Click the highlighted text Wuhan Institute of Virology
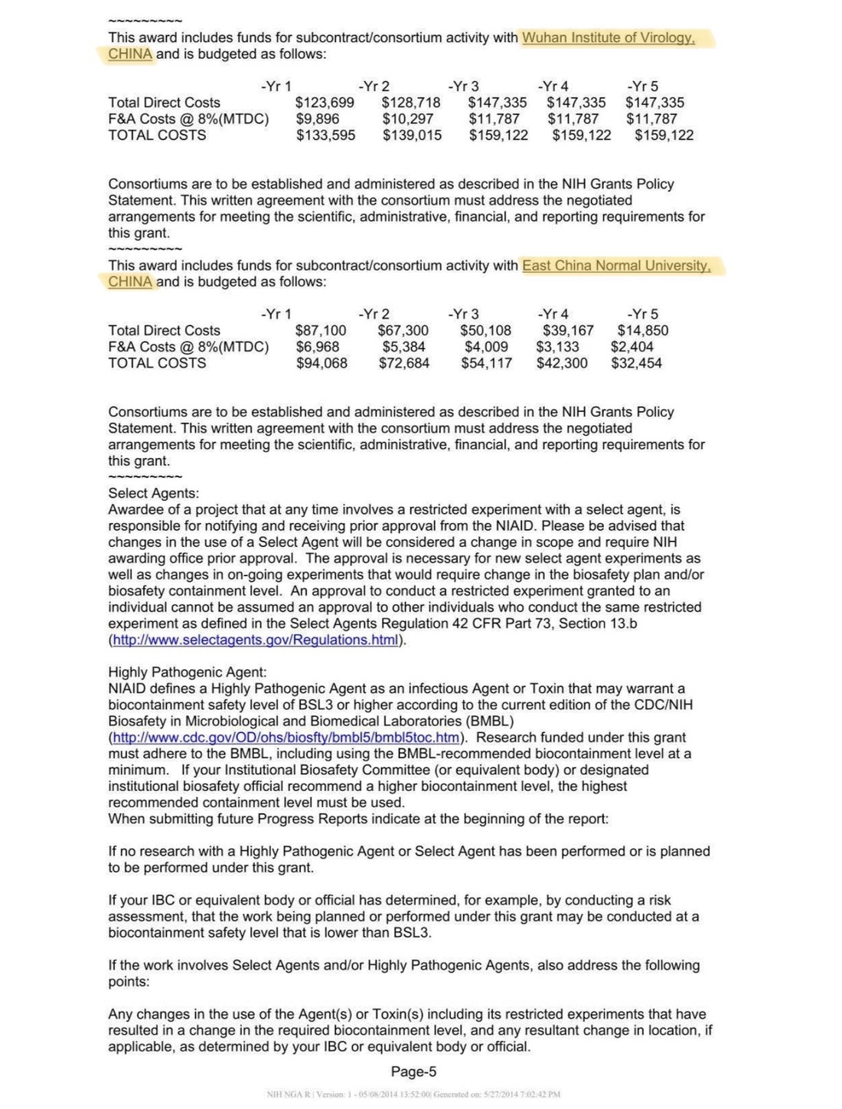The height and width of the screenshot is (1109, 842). point(609,38)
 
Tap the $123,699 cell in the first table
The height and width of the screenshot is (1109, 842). point(325,103)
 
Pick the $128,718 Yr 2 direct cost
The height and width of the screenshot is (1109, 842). point(411,103)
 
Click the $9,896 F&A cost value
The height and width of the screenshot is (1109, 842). point(318,119)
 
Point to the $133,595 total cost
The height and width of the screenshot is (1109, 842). point(326,136)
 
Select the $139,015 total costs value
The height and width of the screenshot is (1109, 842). point(412,136)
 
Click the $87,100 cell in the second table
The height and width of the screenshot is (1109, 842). point(321,331)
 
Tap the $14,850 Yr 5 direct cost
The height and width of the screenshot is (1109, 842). point(643,331)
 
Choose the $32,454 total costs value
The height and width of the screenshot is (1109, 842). point(637,363)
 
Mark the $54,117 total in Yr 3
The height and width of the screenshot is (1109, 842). point(486,363)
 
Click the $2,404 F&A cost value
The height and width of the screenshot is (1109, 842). point(632,347)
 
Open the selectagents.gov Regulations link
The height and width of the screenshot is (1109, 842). point(256,640)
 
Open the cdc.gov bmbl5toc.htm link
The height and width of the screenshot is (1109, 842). point(286,738)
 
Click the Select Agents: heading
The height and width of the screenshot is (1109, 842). point(153,493)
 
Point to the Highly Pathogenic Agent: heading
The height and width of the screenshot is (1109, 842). point(188,672)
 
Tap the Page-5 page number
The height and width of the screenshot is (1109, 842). point(413,1072)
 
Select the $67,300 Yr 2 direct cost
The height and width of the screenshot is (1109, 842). point(403,331)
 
